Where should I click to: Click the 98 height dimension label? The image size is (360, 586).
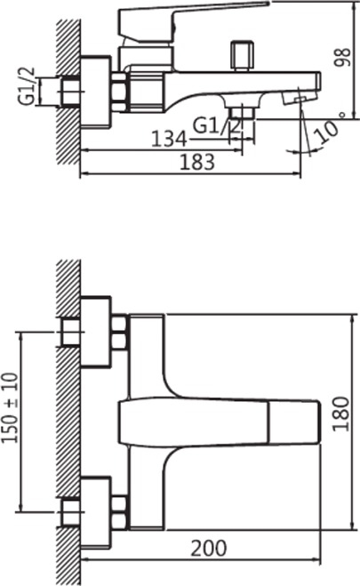click(x=342, y=57)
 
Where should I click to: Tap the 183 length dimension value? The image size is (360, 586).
click(x=197, y=162)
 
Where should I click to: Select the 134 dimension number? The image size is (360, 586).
click(x=169, y=139)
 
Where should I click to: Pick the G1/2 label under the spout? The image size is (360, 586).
click(x=217, y=125)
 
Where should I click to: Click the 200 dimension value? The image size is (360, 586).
click(x=209, y=549)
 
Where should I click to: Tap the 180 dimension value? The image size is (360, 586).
click(x=341, y=414)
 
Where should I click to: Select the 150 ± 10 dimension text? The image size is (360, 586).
click(x=10, y=408)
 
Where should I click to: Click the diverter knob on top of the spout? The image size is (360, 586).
click(x=242, y=55)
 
